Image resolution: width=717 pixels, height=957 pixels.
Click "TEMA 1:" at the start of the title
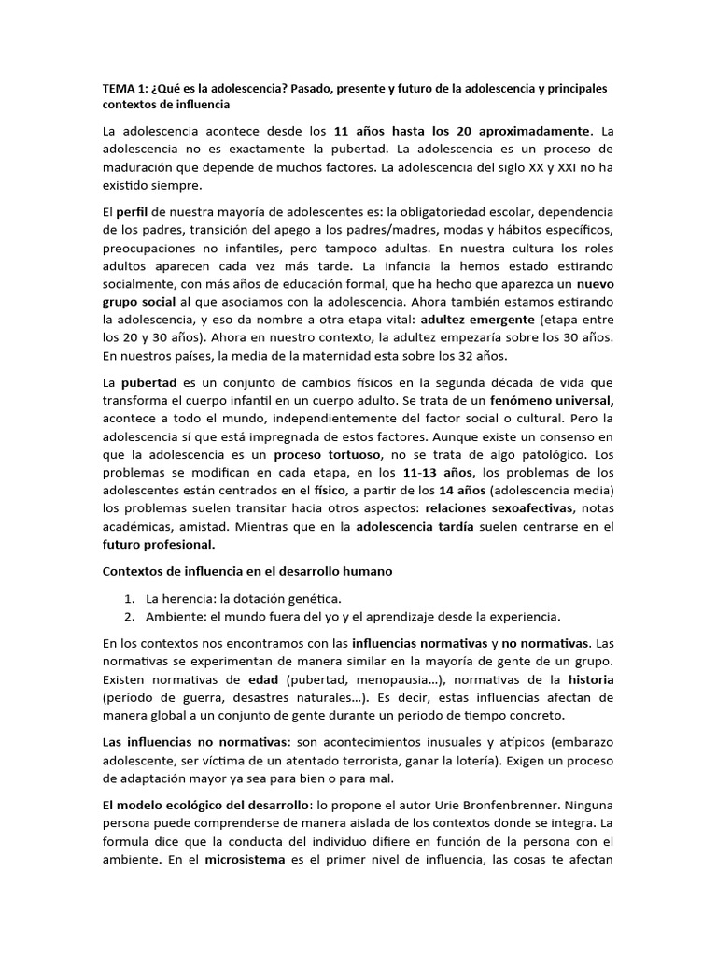122,88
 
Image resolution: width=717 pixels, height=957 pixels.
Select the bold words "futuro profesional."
159,544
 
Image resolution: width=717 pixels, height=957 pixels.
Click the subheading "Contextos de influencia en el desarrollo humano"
247,571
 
